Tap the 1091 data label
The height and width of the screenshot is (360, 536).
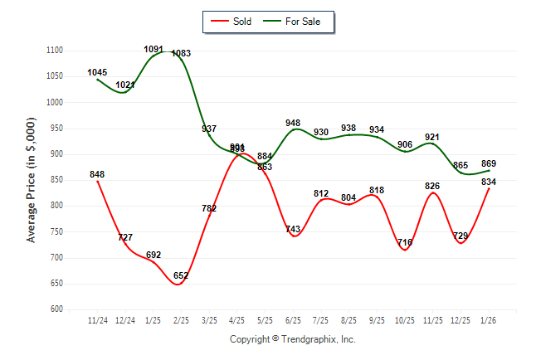coord(153,49)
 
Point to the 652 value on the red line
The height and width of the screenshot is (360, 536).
coord(181,275)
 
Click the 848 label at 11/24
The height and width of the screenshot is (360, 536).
coord(97,174)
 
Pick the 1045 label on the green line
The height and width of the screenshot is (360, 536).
coord(97,72)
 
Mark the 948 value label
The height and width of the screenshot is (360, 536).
coord(293,123)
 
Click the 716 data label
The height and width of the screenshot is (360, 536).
coord(405,242)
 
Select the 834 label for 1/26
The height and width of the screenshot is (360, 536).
coord(490,182)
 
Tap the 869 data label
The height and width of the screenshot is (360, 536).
coord(490,163)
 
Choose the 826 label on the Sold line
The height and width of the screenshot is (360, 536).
coord(432,186)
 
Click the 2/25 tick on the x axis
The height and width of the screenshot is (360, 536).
coord(181,319)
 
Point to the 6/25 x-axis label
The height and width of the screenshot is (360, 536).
coord(293,319)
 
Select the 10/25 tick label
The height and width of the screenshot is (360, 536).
coord(405,319)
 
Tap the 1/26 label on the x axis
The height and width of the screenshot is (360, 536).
coord(489,319)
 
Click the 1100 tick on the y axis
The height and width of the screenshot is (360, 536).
coord(55,51)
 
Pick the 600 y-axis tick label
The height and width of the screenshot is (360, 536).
coord(57,309)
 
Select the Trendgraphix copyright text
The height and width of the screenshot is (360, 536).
coord(292,339)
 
